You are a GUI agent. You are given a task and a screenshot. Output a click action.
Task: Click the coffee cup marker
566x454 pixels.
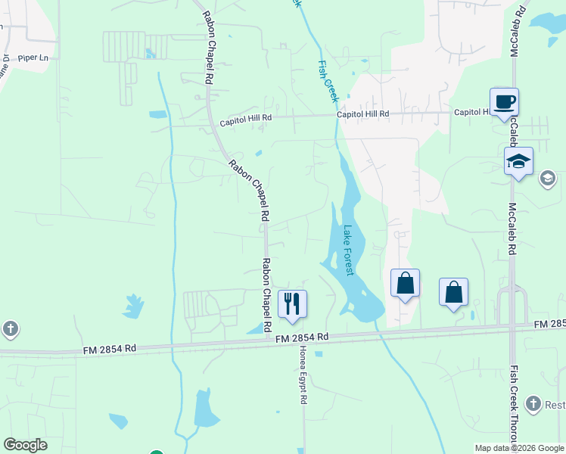tap(504, 101)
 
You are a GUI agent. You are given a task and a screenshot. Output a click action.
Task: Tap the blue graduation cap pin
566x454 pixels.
tap(519, 161)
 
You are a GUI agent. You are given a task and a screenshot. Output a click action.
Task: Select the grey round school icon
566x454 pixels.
tap(547, 179)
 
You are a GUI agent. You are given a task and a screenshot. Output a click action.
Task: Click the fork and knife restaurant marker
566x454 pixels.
tap(292, 304)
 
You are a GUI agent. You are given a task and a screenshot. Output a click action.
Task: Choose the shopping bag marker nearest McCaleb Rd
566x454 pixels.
tap(453, 292)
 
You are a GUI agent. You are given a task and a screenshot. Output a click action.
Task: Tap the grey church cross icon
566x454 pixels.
tap(10, 329)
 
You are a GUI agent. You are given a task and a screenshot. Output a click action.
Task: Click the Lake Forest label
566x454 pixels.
tap(349, 250)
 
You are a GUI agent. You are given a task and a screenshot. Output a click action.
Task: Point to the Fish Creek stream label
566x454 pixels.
tap(328, 82)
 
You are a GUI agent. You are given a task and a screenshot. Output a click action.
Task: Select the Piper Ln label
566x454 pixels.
tap(33, 58)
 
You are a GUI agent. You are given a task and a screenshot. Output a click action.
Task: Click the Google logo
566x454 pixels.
tap(25, 445)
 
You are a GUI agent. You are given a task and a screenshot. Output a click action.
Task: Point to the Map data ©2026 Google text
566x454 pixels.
tap(518, 448)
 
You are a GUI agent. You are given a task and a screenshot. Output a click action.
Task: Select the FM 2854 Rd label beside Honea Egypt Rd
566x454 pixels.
tap(301, 337)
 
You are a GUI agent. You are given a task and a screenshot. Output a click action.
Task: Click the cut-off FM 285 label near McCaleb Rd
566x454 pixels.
tap(549, 324)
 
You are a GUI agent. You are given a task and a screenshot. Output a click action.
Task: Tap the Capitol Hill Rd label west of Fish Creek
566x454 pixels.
tap(245, 120)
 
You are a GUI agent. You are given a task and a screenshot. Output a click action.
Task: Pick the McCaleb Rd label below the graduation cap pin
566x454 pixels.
tap(512, 228)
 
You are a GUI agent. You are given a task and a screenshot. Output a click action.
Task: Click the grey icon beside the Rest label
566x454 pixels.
tap(534, 404)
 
